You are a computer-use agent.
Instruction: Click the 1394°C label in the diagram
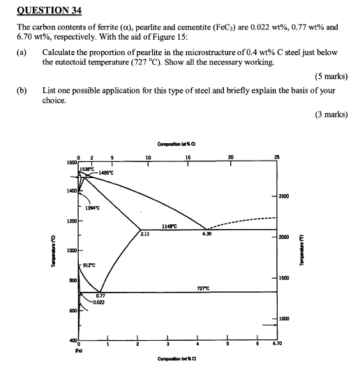[x=93, y=209]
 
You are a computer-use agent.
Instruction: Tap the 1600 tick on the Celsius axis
[x=70, y=162]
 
